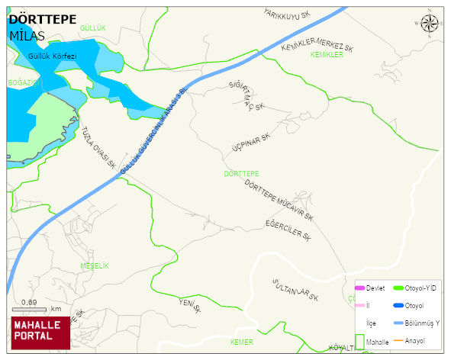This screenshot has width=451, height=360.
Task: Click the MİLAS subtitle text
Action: (27, 36)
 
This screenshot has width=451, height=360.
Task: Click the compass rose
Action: (430, 24)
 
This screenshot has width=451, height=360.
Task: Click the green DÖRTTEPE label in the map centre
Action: (242, 174)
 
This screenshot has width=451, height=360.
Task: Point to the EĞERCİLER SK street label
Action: (288, 230)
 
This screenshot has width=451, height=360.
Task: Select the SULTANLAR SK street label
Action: (295, 290)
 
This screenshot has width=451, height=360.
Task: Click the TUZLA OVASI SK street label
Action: (98, 147)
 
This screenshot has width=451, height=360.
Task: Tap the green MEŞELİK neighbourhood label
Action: (95, 265)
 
